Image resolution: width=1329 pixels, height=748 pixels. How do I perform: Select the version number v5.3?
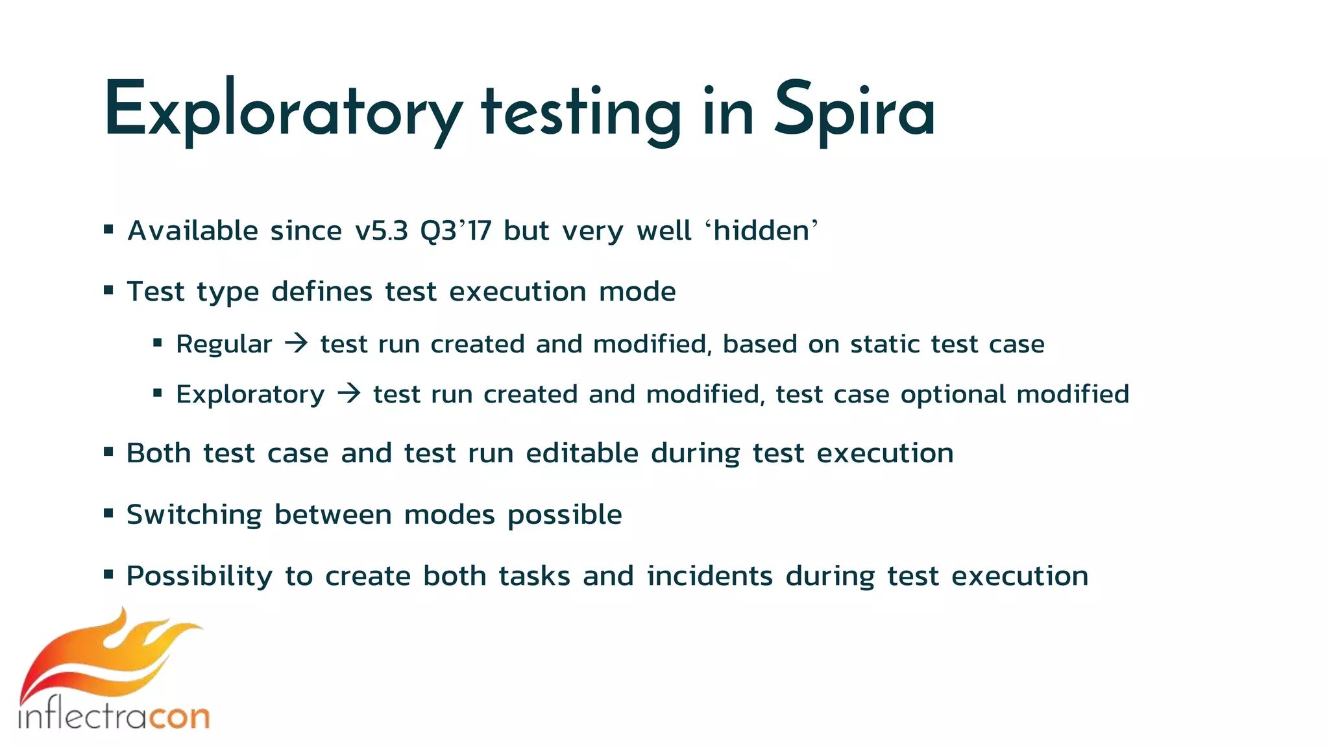pyautogui.click(x=382, y=231)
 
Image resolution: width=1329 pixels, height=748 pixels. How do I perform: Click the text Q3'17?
pyautogui.click(x=456, y=231)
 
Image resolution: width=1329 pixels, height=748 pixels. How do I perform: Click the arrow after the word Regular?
pyautogui.click(x=297, y=343)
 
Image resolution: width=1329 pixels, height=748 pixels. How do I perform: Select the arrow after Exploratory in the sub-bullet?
pyautogui.click(x=349, y=393)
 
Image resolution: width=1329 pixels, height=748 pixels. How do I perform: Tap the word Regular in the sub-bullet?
pyautogui.click(x=224, y=344)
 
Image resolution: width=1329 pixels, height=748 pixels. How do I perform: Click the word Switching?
pyautogui.click(x=194, y=515)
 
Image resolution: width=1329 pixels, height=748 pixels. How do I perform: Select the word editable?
pyautogui.click(x=582, y=453)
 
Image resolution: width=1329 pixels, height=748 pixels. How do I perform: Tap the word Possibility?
pyautogui.click(x=199, y=577)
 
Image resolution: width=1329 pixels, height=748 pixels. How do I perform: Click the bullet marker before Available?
pyautogui.click(x=108, y=229)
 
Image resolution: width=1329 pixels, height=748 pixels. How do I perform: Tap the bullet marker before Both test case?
pyautogui.click(x=108, y=451)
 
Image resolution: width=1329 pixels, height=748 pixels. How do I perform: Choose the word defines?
pyautogui.click(x=322, y=292)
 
